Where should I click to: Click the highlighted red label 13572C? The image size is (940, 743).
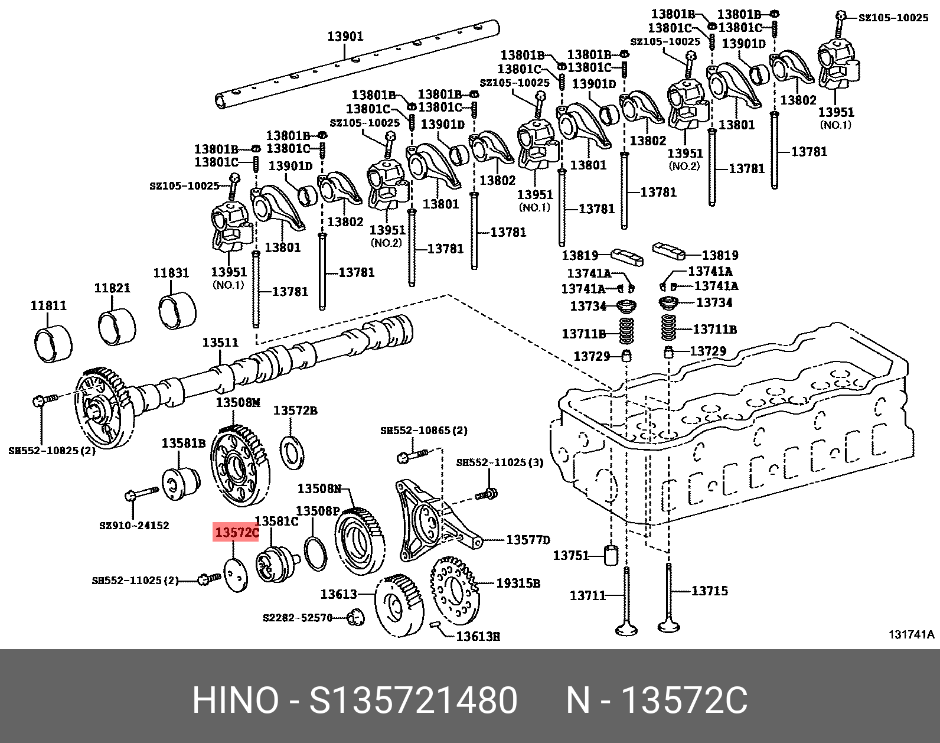(x=236, y=533)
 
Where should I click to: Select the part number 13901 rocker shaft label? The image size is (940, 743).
(x=345, y=37)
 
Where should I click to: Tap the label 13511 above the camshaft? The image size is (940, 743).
(x=220, y=343)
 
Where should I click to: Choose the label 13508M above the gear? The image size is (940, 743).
(x=237, y=403)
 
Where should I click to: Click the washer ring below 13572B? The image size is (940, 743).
(x=292, y=452)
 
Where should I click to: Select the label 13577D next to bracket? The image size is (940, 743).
(x=528, y=540)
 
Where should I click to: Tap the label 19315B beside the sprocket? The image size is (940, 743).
(x=518, y=584)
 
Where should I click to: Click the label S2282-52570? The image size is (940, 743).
(x=297, y=618)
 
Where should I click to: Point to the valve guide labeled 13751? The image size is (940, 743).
(x=611, y=555)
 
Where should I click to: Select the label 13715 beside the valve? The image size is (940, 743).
(x=710, y=591)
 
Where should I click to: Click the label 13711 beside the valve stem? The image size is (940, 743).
(x=587, y=595)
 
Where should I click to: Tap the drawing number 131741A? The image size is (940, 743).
(x=912, y=635)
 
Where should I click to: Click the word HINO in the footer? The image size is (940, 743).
(x=235, y=701)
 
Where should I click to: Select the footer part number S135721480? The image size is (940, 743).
(x=413, y=701)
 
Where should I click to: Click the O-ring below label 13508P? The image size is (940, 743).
(x=315, y=553)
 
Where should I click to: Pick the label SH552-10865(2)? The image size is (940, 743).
(x=423, y=431)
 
